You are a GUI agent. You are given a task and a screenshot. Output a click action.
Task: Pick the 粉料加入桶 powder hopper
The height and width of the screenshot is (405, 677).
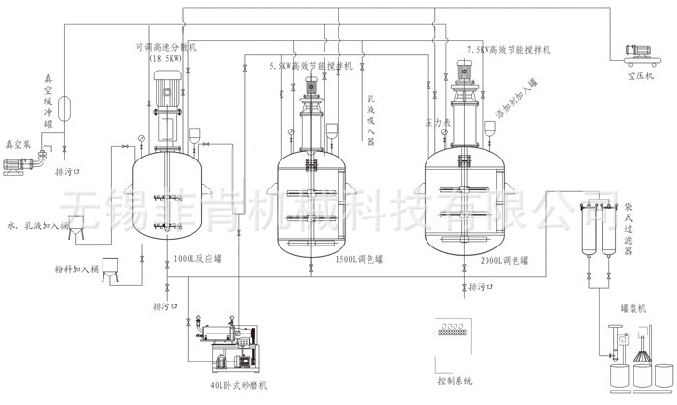point(111,275)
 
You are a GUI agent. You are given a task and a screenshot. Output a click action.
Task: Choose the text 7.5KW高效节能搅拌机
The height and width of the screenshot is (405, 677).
point(508,48)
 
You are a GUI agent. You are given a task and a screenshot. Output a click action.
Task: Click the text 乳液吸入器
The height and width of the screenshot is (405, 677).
point(371,121)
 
